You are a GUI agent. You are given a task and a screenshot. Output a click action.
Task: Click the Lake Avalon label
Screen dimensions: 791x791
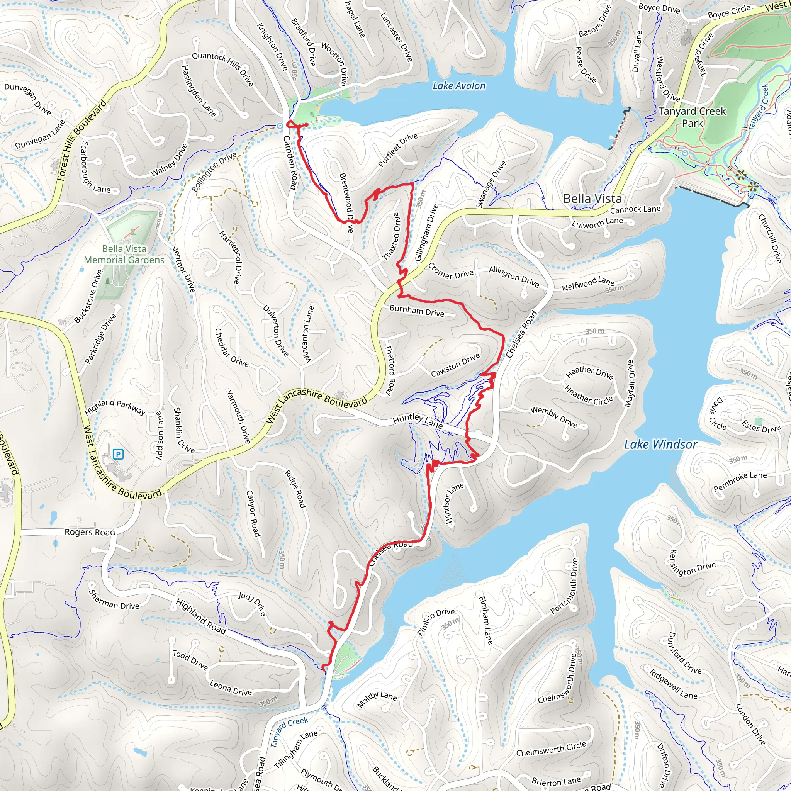459,86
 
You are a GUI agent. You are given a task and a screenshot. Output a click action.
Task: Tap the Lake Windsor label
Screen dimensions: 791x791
660,445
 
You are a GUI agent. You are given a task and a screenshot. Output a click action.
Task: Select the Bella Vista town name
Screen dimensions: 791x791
592,199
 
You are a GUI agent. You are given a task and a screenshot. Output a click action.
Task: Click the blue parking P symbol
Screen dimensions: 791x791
118,454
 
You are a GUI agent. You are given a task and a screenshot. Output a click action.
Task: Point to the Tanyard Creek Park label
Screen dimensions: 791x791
692,117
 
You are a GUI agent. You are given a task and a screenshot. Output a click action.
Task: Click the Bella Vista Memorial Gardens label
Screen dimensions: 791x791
124,254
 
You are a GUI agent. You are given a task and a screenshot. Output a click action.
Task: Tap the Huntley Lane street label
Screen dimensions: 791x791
417,421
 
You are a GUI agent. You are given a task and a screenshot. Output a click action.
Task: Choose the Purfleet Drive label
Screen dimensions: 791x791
397,150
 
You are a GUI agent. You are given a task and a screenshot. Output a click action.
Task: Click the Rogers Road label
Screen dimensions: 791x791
90,532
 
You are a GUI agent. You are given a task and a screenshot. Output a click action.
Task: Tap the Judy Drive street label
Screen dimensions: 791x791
252,604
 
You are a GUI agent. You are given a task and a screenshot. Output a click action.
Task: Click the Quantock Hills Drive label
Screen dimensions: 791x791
223,69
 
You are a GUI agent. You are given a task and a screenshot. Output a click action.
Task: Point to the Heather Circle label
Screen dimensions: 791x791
588,395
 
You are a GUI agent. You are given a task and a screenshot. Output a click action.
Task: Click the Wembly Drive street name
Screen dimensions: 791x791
553,417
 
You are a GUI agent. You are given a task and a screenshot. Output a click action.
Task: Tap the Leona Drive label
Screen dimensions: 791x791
231,688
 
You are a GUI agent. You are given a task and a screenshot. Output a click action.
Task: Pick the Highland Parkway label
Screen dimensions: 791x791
115,407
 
